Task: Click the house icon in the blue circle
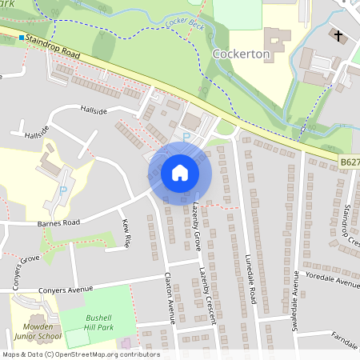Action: click(179, 173)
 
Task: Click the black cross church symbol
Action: click(338, 36)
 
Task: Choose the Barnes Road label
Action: click(60, 223)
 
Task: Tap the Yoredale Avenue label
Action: click(337, 283)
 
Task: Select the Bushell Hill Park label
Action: click(105, 322)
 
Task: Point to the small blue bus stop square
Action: click(22, 38)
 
